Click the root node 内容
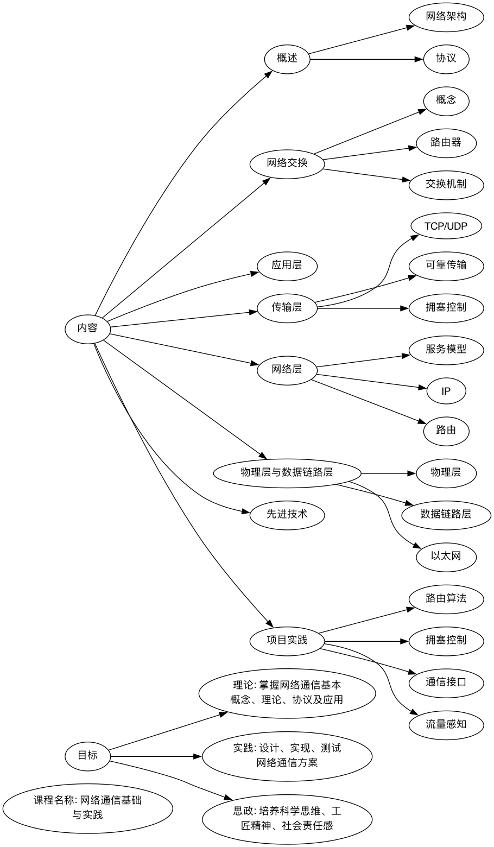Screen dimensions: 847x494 coord(87,328)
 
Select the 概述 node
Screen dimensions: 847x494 coord(287,59)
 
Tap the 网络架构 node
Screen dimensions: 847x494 coord(446,17)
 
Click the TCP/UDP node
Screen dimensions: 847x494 coord(446,226)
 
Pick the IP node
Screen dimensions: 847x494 coord(446,391)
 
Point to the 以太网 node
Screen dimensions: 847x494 coord(446,556)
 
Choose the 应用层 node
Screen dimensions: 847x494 coord(287,266)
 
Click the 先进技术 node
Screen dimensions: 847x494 coord(287,514)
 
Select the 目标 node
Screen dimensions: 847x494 coord(87,755)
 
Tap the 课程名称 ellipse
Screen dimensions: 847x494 coord(87,807)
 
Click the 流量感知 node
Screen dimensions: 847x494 coord(446,724)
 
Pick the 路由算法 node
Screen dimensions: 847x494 coord(446,599)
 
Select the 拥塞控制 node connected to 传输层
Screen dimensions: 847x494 coord(446,308)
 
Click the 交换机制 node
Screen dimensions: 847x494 coord(446,184)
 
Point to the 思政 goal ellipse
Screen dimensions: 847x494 coord(287,819)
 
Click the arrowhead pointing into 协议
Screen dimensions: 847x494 coord(419,59)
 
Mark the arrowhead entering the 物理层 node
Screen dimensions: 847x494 coord(411,473)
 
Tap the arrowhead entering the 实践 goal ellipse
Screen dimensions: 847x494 coord(198,756)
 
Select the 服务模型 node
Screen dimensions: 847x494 coord(446,349)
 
